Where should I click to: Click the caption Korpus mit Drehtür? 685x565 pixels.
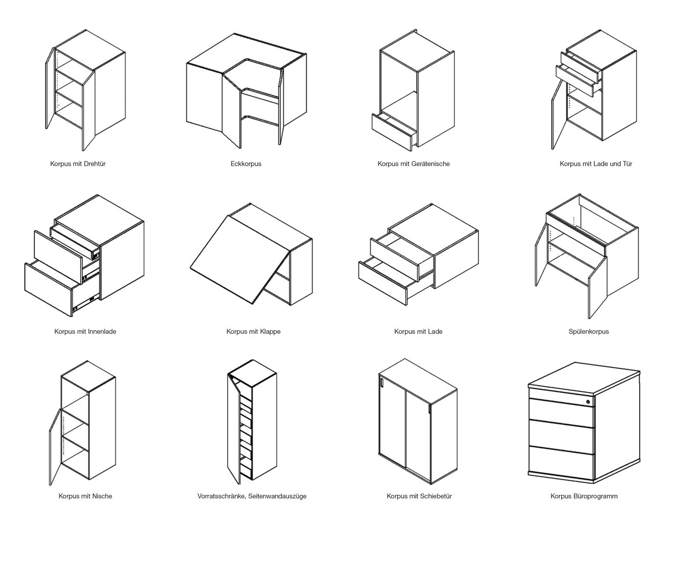[x=78, y=164]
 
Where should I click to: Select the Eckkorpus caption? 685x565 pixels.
[x=246, y=164]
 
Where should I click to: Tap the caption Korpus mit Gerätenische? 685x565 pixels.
[x=413, y=164]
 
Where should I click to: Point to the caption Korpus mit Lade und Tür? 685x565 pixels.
[x=596, y=164]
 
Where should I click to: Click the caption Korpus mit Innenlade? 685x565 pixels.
[x=85, y=331]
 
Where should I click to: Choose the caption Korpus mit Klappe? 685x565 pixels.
[x=253, y=331]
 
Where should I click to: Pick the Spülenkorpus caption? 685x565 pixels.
[x=589, y=331]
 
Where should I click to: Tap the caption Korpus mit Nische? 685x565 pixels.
[x=85, y=496]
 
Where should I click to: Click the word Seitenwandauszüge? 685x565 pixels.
[x=277, y=496]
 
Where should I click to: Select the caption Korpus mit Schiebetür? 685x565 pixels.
[x=419, y=496]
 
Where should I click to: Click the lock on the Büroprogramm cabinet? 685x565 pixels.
[x=588, y=402]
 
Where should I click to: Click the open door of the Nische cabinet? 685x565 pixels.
[x=55, y=447]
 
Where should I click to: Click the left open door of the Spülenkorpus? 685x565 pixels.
[x=541, y=255]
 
